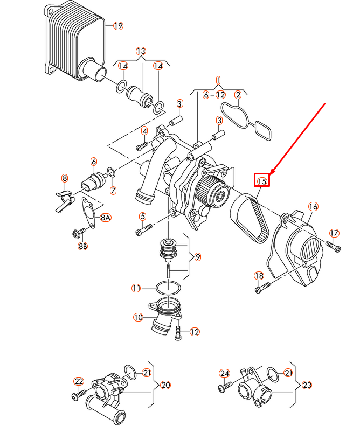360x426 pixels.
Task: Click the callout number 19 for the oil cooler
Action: [118, 25]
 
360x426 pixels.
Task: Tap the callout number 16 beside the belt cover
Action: [313, 207]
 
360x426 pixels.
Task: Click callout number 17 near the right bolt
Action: [334, 233]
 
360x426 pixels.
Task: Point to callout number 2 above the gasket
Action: [238, 95]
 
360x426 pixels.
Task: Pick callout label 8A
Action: [105, 218]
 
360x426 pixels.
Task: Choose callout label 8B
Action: [83, 246]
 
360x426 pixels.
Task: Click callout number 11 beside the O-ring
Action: [137, 288]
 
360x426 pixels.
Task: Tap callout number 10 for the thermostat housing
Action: [139, 318]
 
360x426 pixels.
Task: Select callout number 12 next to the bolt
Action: [195, 332]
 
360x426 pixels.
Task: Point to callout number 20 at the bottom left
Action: [165, 385]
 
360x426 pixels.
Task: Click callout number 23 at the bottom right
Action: [307, 385]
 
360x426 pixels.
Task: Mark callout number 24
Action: [225, 373]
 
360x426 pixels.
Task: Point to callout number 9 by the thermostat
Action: [198, 257]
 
